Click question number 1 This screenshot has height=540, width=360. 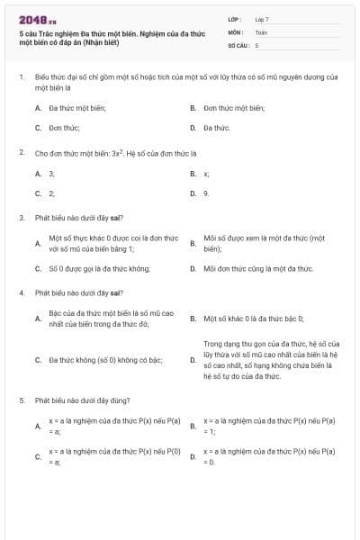click(x=21, y=77)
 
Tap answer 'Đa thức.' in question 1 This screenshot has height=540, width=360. click(x=217, y=128)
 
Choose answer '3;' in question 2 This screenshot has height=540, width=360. click(x=51, y=173)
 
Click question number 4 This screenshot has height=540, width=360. click(x=21, y=293)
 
